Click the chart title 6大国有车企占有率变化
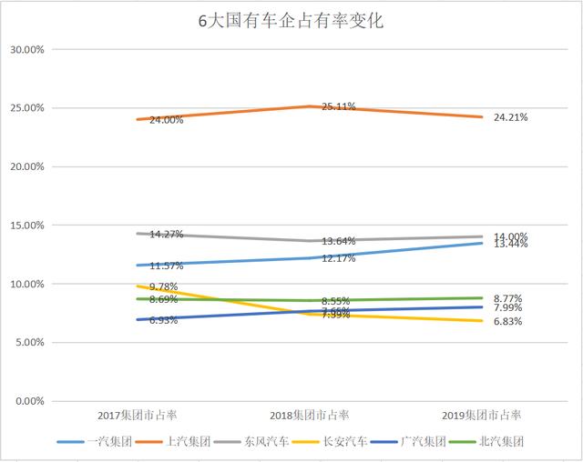click(291, 21)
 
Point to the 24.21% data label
click(510, 118)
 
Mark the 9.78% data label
click(165, 287)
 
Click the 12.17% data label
click(338, 258)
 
